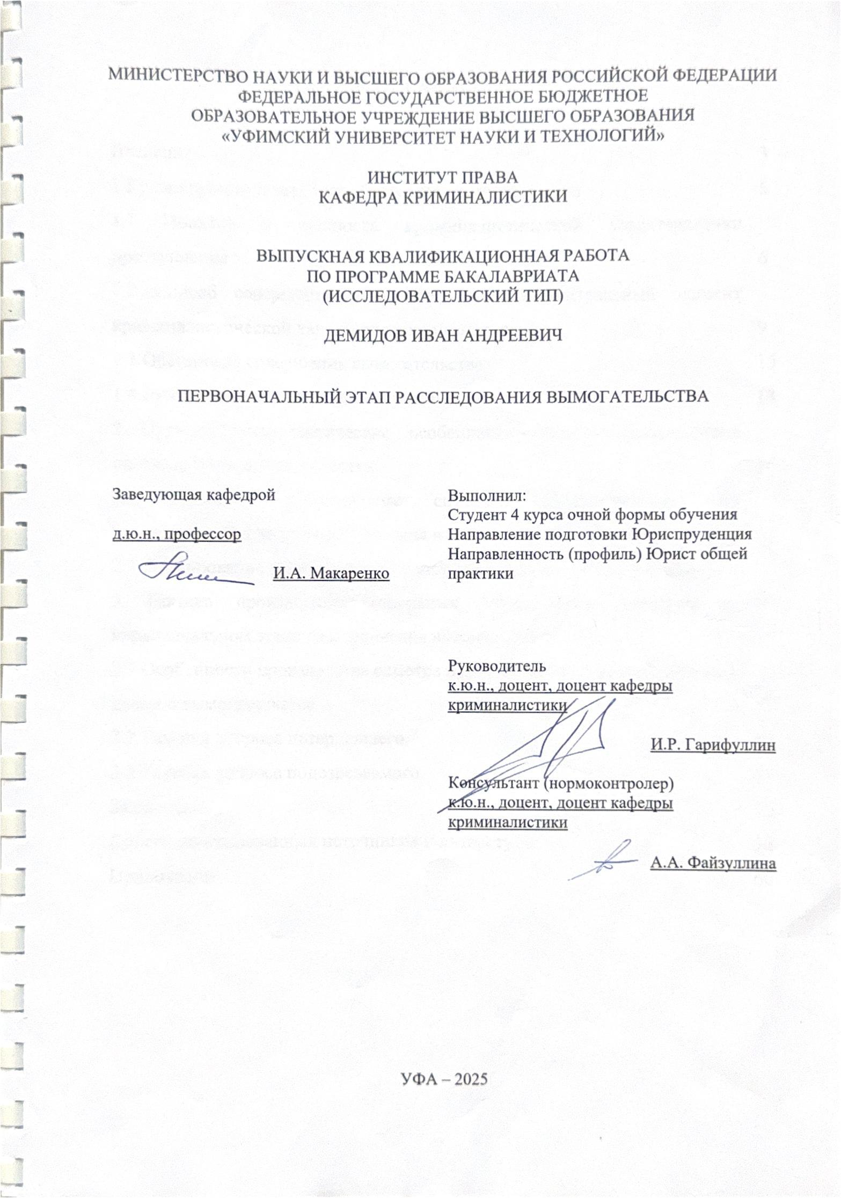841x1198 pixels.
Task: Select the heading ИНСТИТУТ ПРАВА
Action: tap(443, 177)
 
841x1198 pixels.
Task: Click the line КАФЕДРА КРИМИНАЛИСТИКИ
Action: tap(443, 196)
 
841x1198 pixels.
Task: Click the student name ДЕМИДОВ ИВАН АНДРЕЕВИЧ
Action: tap(443, 337)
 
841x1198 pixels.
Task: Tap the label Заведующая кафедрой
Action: tap(194, 494)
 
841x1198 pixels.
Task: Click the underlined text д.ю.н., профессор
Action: tap(177, 535)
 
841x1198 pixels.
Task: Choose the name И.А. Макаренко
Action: tap(331, 574)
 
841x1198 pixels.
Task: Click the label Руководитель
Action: tap(497, 666)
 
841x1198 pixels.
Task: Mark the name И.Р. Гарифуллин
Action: tap(713, 746)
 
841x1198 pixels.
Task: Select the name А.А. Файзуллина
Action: tap(713, 864)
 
